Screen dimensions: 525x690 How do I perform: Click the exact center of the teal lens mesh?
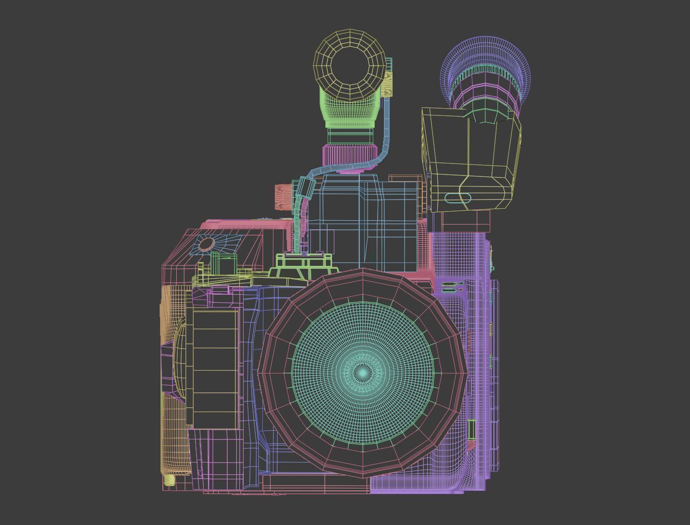pyautogui.click(x=363, y=373)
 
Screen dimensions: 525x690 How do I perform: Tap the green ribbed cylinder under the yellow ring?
pyautogui.click(x=349, y=111)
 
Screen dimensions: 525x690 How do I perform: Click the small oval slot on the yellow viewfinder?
pyautogui.click(x=458, y=198)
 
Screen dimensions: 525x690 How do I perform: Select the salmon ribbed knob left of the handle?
pyautogui.click(x=283, y=197)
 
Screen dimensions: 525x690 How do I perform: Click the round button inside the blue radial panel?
pyautogui.click(x=206, y=244)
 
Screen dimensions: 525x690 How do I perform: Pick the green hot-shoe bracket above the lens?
pyautogui.click(x=304, y=262)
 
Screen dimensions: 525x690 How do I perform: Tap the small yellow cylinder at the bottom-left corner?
pyautogui.click(x=169, y=480)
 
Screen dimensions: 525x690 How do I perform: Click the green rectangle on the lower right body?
pyautogui.click(x=471, y=429)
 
